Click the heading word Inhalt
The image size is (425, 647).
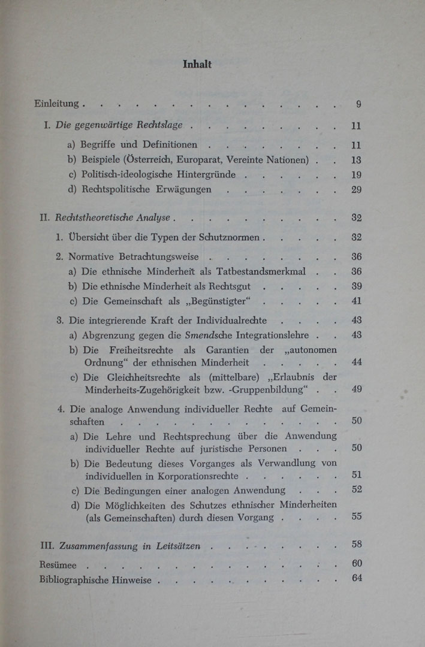coord(197,64)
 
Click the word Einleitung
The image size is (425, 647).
coord(56,104)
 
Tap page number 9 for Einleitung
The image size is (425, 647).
coord(358,104)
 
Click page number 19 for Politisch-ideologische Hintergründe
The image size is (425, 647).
coord(356,175)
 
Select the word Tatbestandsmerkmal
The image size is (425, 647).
coord(258,271)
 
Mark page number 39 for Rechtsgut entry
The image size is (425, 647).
coord(356,286)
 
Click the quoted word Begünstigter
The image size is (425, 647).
coord(219,301)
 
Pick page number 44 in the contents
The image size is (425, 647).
coord(356,362)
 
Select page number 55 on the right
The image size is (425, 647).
coord(356,517)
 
